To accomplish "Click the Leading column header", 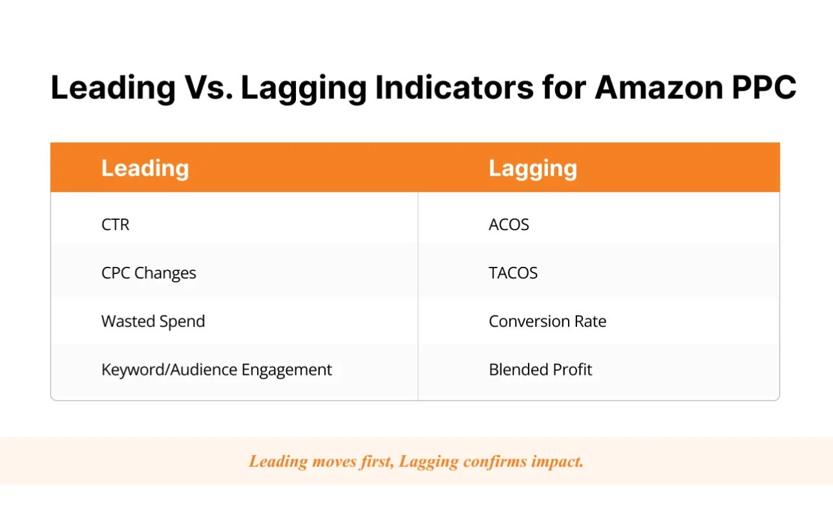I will (145, 168).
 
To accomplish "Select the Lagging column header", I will (532, 168).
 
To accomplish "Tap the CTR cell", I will (116, 225).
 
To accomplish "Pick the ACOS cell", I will (509, 225).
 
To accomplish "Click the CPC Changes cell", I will (149, 273).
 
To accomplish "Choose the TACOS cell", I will (513, 273).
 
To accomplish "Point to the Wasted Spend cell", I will (153, 321).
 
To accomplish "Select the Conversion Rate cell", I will (547, 321).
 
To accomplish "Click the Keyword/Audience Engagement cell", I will (216, 370).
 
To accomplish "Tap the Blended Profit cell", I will (540, 370).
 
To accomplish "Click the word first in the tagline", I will (377, 461).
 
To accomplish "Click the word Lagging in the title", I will (304, 87).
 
